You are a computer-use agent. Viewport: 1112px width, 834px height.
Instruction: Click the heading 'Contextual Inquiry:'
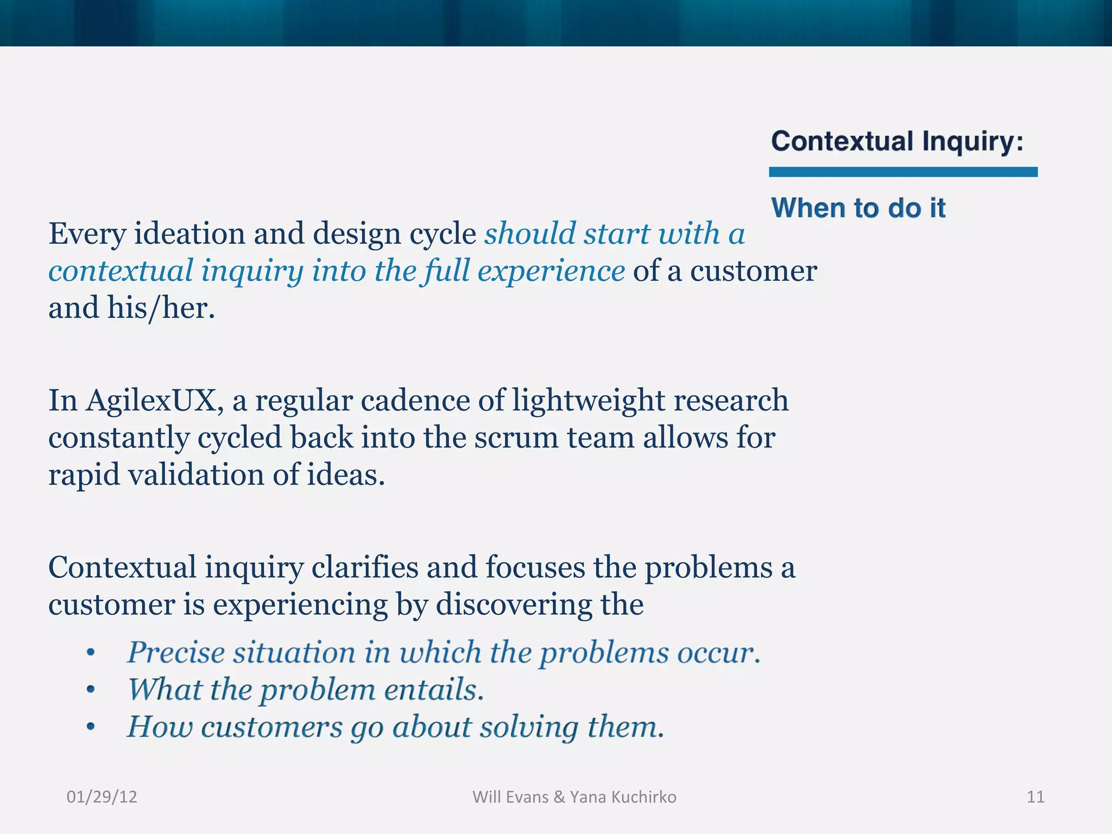pyautogui.click(x=897, y=142)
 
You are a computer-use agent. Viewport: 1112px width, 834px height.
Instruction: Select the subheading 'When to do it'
pyautogui.click(x=858, y=208)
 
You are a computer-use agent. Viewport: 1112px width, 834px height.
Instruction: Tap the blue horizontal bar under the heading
pyautogui.click(x=903, y=172)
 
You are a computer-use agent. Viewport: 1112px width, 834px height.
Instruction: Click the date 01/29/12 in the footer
pyautogui.click(x=102, y=797)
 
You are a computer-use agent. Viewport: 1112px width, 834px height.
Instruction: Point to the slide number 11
pyautogui.click(x=1035, y=797)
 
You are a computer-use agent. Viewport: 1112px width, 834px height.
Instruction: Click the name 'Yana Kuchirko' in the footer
pyautogui.click(x=623, y=797)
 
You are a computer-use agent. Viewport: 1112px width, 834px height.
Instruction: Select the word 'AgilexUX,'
pyautogui.click(x=155, y=401)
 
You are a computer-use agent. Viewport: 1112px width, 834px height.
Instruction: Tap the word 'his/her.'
pyautogui.click(x=161, y=308)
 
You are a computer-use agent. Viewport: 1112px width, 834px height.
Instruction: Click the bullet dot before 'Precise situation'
pyautogui.click(x=91, y=653)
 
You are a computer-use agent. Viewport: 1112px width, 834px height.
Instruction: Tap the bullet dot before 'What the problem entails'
pyautogui.click(x=91, y=690)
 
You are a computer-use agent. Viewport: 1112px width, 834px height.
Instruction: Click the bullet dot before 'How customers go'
pyautogui.click(x=91, y=727)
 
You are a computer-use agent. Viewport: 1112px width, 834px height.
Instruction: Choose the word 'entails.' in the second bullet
pyautogui.click(x=433, y=690)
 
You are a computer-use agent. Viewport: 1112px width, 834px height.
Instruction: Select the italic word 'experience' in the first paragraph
pyautogui.click(x=551, y=271)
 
